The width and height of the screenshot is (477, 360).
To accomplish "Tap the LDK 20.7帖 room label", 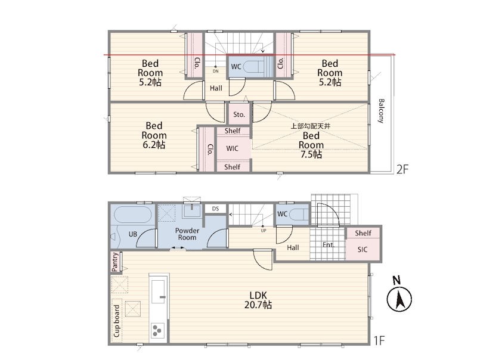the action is click(258, 300).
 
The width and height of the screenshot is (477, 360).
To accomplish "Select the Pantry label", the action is click(115, 262).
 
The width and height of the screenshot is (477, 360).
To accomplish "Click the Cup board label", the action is click(116, 321).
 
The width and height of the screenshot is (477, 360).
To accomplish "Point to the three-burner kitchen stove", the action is click(158, 331).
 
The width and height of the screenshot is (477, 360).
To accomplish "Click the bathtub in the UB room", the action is click(132, 215).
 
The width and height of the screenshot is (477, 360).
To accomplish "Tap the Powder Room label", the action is click(187, 234).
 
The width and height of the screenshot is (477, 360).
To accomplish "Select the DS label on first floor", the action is click(215, 209).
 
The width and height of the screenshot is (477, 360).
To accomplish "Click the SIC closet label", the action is click(363, 250).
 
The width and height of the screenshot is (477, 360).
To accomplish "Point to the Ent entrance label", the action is click(327, 244).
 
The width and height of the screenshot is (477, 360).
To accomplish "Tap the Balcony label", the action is click(381, 111).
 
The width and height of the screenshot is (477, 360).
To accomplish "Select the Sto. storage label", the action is click(239, 114).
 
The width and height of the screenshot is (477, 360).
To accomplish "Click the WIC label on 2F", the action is click(232, 148).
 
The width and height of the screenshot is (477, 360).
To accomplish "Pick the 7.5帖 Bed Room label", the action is click(311, 145).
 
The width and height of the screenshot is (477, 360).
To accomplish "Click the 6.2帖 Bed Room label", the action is click(154, 135).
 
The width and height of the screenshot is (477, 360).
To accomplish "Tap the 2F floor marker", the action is click(402, 169).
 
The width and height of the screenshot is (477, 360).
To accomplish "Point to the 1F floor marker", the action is click(379, 340).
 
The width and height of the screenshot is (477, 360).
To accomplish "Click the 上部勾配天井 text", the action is click(310, 126).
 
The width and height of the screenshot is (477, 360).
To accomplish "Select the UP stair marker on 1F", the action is click(264, 231).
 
